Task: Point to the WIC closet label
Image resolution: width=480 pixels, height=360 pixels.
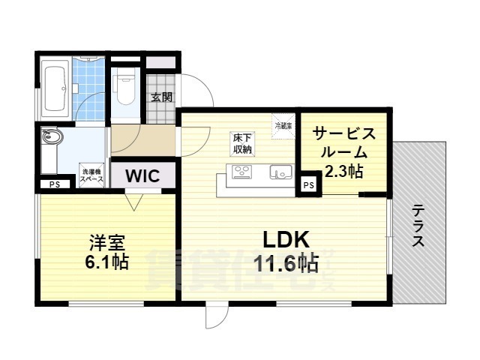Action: (x=142, y=177)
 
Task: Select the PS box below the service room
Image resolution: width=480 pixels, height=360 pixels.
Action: (x=307, y=184)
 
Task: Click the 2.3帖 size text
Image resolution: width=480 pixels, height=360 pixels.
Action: (x=343, y=172)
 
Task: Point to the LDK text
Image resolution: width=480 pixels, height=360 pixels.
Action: (x=286, y=239)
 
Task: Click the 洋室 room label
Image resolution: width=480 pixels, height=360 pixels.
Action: (x=106, y=243)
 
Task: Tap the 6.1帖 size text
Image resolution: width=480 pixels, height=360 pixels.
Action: (x=107, y=262)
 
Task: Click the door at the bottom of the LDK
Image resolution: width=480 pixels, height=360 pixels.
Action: (x=214, y=316)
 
